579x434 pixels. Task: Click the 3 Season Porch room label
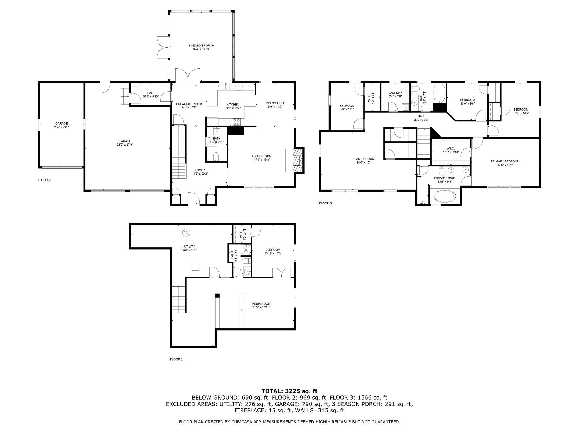click(x=201, y=46)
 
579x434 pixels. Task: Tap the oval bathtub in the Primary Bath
click(x=445, y=196)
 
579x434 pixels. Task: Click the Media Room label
click(x=261, y=304)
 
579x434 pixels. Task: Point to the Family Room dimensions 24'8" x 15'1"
click(x=364, y=162)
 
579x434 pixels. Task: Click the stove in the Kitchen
click(x=237, y=122)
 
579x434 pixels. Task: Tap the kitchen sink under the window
click(x=226, y=87)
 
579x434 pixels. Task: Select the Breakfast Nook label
click(x=189, y=104)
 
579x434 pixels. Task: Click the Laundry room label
click(x=395, y=93)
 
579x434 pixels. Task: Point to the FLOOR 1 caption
click(x=176, y=359)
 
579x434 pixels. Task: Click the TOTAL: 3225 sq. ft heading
click(x=289, y=391)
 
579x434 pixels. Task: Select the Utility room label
click(x=189, y=246)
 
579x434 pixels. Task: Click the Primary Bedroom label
click(x=505, y=161)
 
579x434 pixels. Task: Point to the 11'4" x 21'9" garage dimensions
click(x=62, y=127)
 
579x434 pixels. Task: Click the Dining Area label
click(x=275, y=103)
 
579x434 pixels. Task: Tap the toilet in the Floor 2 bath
click(x=216, y=156)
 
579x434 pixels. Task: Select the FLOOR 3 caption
click(x=325, y=203)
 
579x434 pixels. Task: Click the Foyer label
click(x=200, y=170)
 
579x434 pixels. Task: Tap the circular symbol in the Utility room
click(x=186, y=232)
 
